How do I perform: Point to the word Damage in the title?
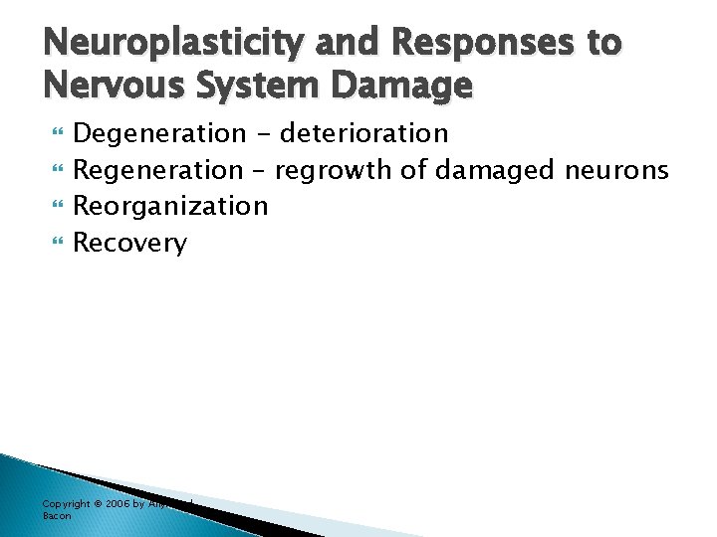point(408,87)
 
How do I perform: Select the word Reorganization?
point(171,206)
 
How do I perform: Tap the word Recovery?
point(130,243)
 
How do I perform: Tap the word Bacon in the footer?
point(56,515)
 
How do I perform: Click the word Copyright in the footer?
point(66,504)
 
